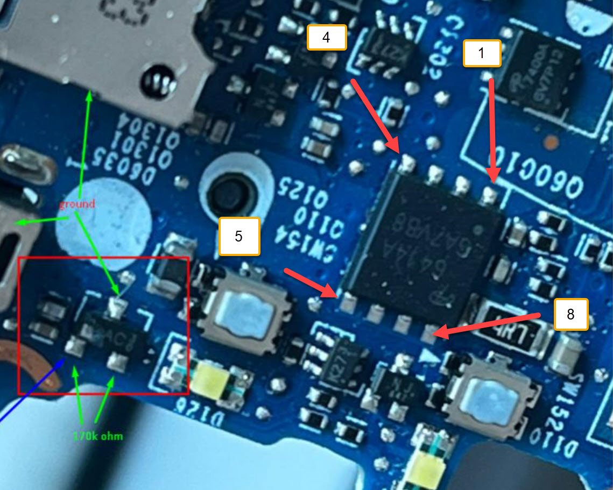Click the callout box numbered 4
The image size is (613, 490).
[326, 37]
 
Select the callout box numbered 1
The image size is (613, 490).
[482, 53]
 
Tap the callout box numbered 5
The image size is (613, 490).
[239, 236]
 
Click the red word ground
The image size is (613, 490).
[77, 204]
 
